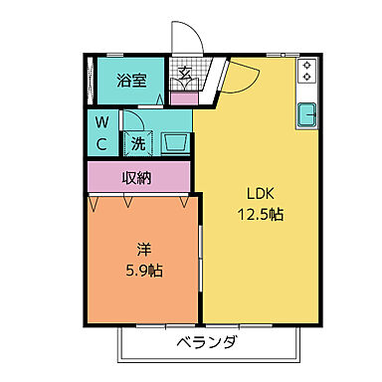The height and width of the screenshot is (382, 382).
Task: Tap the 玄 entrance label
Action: [x=185, y=72]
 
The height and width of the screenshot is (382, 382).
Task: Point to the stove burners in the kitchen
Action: [x=307, y=71]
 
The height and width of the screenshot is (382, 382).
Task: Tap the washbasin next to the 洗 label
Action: [x=176, y=143]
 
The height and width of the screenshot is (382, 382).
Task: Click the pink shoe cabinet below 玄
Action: [x=184, y=98]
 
